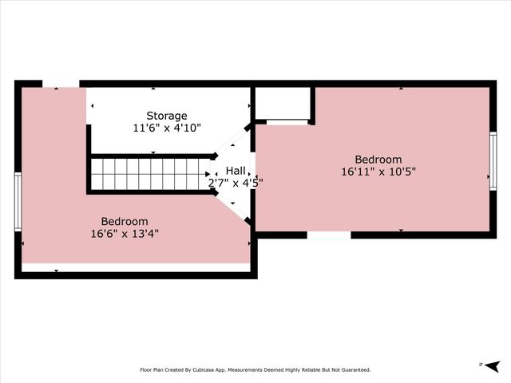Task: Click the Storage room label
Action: (x=167, y=115)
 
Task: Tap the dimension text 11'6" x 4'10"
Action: (x=167, y=127)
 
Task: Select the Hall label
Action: (x=236, y=171)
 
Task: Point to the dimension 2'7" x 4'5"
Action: (x=236, y=182)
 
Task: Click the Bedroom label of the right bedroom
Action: (x=378, y=159)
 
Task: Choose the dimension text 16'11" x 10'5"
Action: (x=378, y=171)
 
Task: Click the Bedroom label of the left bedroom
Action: (x=124, y=221)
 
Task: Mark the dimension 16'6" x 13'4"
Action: (x=124, y=233)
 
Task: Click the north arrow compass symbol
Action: (x=492, y=365)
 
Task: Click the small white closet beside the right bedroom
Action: (x=283, y=104)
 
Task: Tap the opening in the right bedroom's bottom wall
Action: (x=328, y=235)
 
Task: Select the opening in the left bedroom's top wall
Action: (x=61, y=83)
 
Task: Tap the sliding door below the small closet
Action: (x=287, y=122)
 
